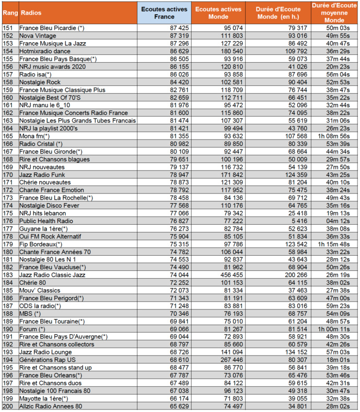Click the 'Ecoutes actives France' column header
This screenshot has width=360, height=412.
click(x=165, y=13)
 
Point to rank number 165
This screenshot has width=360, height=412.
click(x=8, y=136)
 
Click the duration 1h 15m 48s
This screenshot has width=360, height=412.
click(x=334, y=244)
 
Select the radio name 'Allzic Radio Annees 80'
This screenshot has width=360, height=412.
click(x=50, y=406)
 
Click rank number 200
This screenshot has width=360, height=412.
click(x=8, y=406)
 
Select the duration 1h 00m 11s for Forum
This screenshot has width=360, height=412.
click(x=334, y=329)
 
